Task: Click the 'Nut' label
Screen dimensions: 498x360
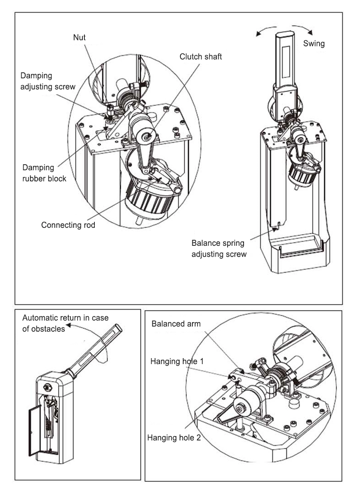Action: coord(80,38)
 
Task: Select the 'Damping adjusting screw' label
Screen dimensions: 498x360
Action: coord(48,81)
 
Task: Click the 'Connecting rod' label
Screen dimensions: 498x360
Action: coord(68,225)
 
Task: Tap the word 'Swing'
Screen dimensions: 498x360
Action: coord(314,44)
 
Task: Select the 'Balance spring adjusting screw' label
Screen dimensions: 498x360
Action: coord(219,248)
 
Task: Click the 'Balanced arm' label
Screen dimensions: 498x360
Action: coord(176,323)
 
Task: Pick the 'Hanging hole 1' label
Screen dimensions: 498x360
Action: coord(177,361)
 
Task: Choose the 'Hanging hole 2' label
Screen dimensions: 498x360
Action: coord(174,437)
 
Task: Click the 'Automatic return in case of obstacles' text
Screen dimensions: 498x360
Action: coord(65,323)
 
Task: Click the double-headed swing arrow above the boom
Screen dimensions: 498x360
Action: coord(284,30)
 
